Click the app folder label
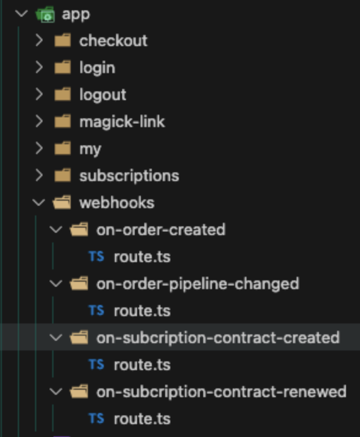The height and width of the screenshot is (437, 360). pyautogui.click(x=76, y=15)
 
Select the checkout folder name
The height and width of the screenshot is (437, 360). pyautogui.click(x=113, y=41)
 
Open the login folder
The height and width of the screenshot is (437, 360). pyautogui.click(x=97, y=68)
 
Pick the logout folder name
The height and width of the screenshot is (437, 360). pyautogui.click(x=103, y=95)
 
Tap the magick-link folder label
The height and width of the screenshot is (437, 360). pyautogui.click(x=122, y=122)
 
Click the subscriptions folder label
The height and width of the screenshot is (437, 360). pyautogui.click(x=129, y=176)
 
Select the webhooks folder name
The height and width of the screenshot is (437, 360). pyautogui.click(x=117, y=203)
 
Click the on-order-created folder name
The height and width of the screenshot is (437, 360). pyautogui.click(x=161, y=230)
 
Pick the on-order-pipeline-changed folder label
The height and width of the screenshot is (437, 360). pyautogui.click(x=198, y=284)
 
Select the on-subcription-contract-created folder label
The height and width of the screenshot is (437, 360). pyautogui.click(x=218, y=338)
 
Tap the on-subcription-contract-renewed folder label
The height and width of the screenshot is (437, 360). pyautogui.click(x=221, y=392)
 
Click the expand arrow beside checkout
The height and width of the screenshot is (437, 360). pyautogui.click(x=39, y=41)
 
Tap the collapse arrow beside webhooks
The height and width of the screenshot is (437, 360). pyautogui.click(x=39, y=203)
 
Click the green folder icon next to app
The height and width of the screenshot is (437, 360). pyautogui.click(x=45, y=14)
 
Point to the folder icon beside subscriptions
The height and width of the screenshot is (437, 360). pyautogui.click(x=63, y=176)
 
